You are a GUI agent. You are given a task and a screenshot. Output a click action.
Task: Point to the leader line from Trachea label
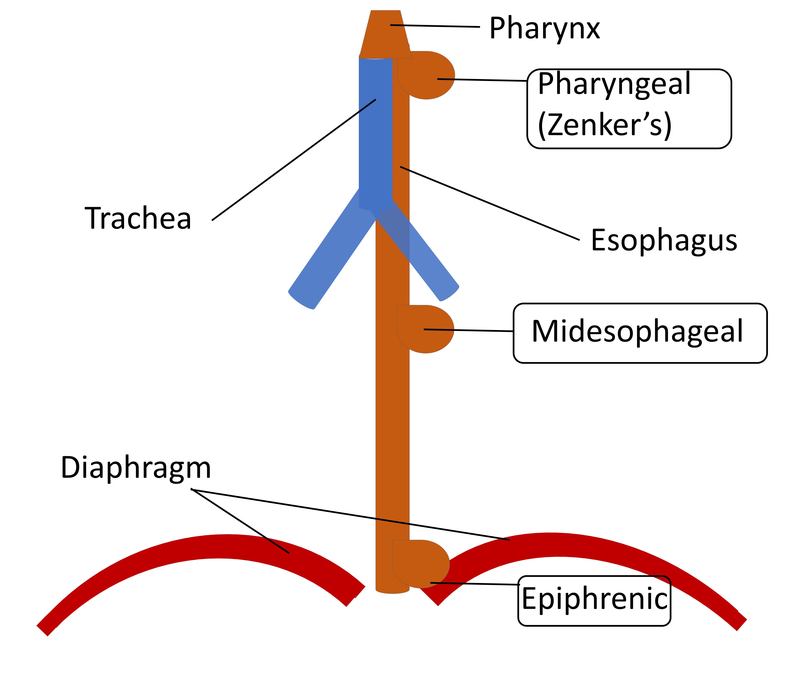[x=294, y=160]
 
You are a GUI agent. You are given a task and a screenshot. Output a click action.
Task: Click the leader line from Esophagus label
[x=490, y=204]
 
